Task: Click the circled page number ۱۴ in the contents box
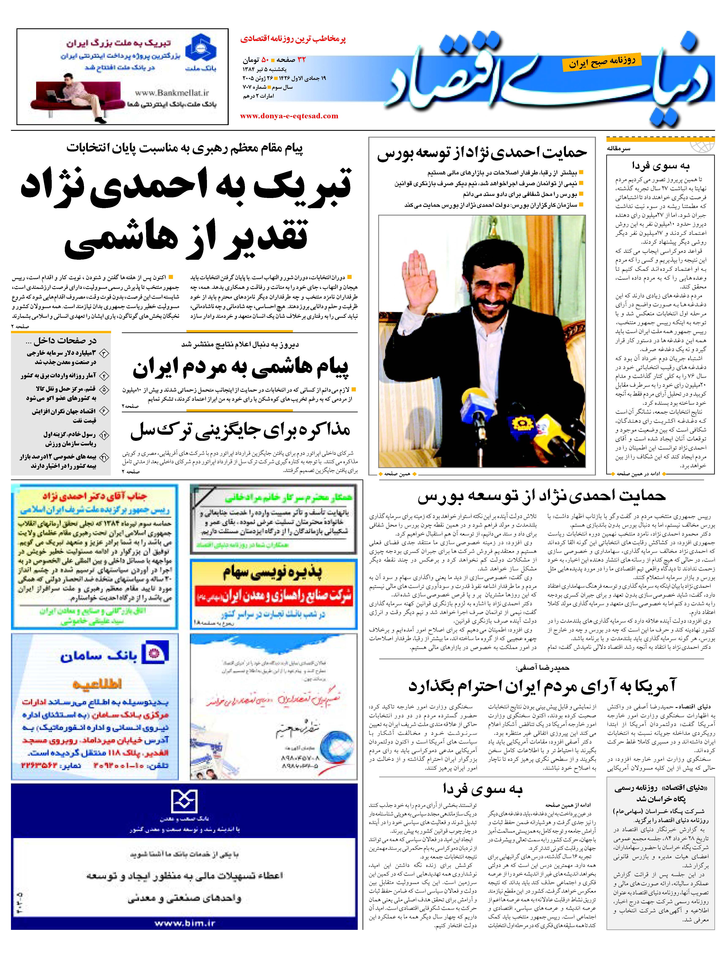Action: point(104,435)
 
